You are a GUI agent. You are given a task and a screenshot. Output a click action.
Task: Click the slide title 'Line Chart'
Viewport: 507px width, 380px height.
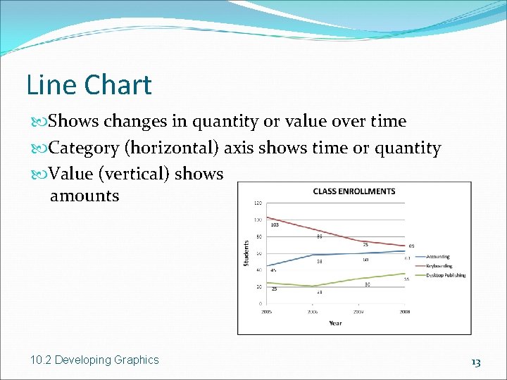point(89,85)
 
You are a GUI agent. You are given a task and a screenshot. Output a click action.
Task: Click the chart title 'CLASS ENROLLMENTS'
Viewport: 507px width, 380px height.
point(353,191)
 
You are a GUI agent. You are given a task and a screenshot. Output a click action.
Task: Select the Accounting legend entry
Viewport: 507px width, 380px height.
point(437,257)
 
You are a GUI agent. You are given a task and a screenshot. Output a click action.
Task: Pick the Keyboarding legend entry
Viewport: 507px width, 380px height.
point(439,266)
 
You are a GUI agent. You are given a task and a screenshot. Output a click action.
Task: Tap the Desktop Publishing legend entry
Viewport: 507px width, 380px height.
point(445,275)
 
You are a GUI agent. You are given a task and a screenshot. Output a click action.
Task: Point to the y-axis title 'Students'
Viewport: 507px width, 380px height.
point(246,253)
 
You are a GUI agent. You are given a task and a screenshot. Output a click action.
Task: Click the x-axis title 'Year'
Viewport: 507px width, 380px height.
point(334,324)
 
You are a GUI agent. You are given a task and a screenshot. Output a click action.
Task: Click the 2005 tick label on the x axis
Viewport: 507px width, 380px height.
point(267,310)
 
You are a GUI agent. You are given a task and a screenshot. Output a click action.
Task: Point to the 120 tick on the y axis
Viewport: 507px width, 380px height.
point(258,203)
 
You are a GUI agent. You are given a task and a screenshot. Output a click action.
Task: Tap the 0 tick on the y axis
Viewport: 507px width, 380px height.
point(261,303)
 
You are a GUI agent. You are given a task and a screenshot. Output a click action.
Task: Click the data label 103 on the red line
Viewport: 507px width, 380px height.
point(275,225)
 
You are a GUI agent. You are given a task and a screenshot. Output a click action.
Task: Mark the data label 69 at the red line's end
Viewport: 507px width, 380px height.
point(411,246)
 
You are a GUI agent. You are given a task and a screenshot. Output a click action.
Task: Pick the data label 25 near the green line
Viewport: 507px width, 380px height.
point(273,289)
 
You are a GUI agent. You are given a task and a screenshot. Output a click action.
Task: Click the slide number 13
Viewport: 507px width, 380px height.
point(476,362)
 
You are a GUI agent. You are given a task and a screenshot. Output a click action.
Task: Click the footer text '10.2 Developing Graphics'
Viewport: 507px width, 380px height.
point(95,360)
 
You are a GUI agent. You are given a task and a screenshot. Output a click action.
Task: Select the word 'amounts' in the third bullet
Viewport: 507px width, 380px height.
point(84,196)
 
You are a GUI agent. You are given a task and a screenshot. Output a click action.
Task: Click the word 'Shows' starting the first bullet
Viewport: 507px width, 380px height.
point(74,121)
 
